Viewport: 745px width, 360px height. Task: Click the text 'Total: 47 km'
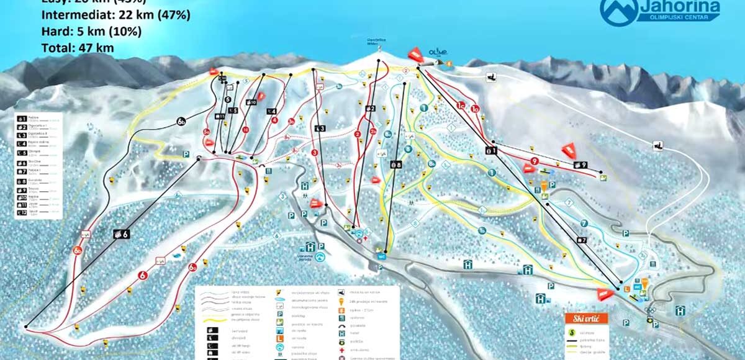pos(78,47)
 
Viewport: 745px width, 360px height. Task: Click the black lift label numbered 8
pos(395,164)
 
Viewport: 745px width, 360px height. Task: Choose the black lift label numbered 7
pos(581,240)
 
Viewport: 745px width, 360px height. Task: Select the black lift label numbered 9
pos(580,165)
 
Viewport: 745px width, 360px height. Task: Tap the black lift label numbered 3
pos(321,128)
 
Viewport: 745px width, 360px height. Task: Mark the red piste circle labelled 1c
pos(461,106)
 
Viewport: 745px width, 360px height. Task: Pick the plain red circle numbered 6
pos(142,275)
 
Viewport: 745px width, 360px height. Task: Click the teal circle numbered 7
pos(584,223)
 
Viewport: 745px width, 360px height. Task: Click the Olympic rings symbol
pos(649,311)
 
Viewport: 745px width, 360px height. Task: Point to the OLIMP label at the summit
pos(437,52)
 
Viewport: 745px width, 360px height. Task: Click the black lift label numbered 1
pos(490,150)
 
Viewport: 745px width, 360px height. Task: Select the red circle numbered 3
pos(314,153)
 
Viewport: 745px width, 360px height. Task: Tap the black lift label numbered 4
pos(271,112)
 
